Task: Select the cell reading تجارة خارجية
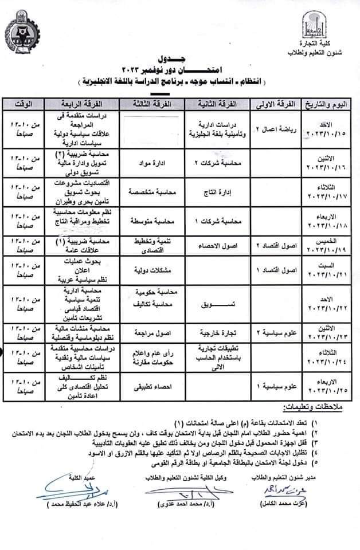pyautogui.click(x=213, y=332)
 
